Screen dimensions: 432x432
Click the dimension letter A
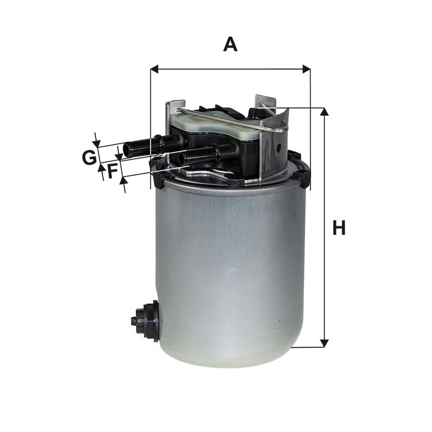tap(231, 45)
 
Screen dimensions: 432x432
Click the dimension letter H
tap(339, 227)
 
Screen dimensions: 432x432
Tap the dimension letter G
tap(89, 158)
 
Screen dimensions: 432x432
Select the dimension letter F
tap(112, 171)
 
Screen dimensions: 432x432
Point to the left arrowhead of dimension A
tap(155, 69)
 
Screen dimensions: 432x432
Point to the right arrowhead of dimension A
tap(306, 69)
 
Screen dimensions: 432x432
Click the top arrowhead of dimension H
tap(325, 112)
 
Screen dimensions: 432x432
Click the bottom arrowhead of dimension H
tap(325, 343)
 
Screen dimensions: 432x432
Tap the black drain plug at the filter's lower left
tap(145, 321)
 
